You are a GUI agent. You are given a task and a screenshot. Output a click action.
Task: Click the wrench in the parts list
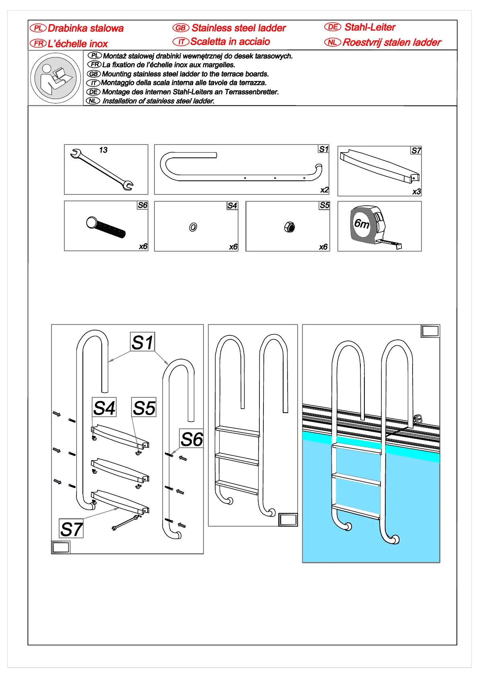tap(101, 169)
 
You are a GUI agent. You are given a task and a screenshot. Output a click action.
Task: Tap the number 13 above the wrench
tap(103, 150)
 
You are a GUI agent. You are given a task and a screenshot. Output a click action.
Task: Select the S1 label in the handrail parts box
tap(323, 149)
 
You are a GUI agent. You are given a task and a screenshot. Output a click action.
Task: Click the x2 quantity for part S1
tap(324, 190)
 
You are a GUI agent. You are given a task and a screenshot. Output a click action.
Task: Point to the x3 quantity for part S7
tap(416, 192)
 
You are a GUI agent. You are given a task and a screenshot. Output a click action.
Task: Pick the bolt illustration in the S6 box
tap(106, 227)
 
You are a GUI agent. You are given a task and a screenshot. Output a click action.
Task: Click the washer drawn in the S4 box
tap(193, 227)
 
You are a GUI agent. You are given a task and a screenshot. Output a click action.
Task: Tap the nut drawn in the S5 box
tap(289, 227)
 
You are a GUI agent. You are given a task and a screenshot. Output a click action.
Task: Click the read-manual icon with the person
tap(56, 78)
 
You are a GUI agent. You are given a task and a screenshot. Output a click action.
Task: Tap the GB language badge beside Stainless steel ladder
tap(181, 28)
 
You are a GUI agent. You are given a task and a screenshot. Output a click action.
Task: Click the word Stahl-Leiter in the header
tap(370, 27)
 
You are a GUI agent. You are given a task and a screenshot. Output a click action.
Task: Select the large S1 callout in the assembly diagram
tap(142, 342)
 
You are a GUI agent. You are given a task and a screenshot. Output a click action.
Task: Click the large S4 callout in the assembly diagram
tap(104, 407)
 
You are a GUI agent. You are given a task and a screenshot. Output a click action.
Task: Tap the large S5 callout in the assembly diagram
tap(144, 408)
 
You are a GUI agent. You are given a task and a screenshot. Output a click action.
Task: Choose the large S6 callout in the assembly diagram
tap(191, 439)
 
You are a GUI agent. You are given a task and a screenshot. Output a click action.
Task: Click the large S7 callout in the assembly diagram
tap(71, 529)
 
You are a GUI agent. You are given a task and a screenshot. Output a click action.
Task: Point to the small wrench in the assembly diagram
tap(125, 523)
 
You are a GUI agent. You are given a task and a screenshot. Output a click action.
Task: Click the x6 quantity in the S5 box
tap(323, 247)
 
